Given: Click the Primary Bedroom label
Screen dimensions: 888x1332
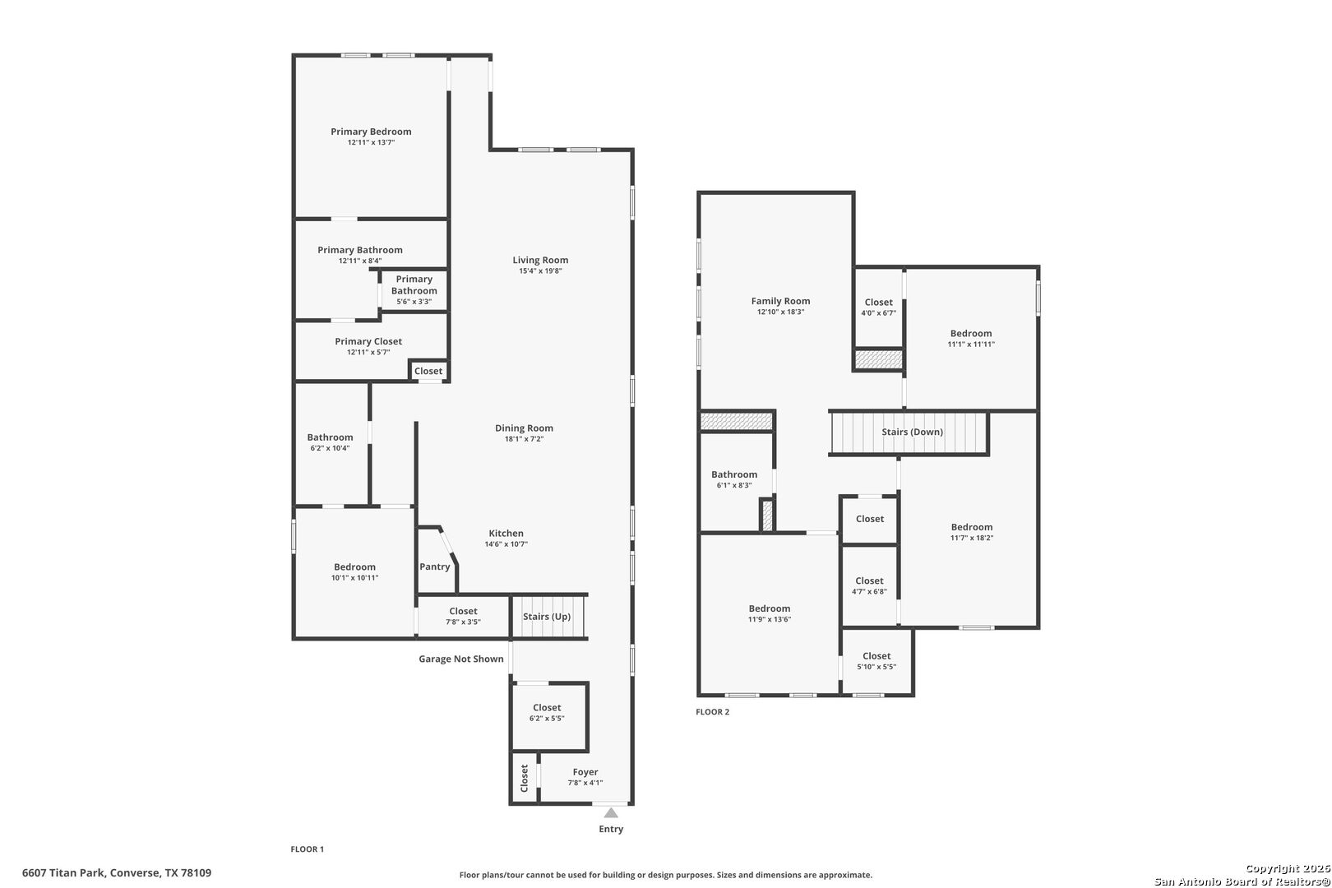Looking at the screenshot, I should (371, 132).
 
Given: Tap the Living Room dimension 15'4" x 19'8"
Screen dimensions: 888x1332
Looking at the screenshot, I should (540, 271).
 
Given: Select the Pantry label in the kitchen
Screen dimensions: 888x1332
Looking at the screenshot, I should (435, 567).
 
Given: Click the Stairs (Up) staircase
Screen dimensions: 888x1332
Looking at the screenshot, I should (548, 617).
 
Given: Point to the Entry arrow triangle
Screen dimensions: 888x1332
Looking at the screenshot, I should (611, 813).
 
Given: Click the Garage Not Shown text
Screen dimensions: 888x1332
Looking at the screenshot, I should (460, 659).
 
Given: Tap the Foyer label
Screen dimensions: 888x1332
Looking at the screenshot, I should (585, 772).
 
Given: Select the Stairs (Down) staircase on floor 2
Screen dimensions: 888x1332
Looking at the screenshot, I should (911, 432).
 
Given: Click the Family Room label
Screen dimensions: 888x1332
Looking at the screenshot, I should (780, 301).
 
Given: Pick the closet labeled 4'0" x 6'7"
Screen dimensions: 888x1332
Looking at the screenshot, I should (878, 308).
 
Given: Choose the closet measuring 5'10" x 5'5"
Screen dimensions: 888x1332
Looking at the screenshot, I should (876, 661).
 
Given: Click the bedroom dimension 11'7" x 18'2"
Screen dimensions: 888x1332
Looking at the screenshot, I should (972, 539).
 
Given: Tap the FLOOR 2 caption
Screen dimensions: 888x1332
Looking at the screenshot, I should (712, 712).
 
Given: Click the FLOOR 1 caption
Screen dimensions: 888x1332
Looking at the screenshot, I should (308, 849).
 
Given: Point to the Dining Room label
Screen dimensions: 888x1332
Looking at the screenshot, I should (524, 428).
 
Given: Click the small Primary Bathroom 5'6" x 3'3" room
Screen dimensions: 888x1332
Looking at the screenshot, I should (414, 290).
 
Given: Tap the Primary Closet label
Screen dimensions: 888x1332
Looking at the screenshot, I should (368, 341).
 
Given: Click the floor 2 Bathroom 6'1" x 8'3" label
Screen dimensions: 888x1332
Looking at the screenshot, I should (734, 474).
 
